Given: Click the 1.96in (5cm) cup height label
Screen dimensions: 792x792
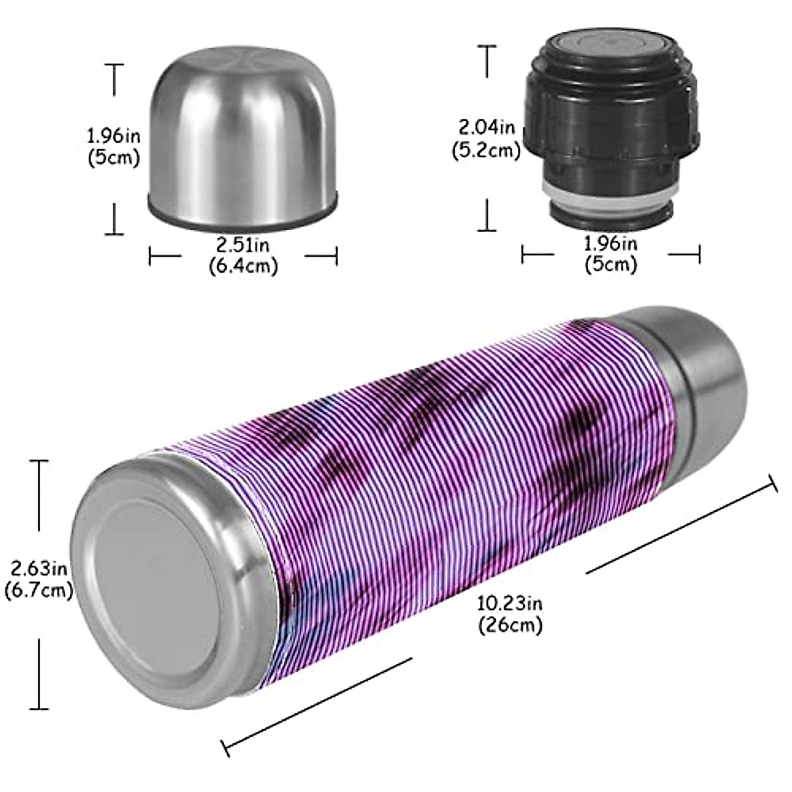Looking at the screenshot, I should point(114,147).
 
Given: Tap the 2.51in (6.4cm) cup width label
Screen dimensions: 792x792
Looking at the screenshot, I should point(243,255).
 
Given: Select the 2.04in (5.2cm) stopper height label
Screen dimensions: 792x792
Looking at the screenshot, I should point(486,138).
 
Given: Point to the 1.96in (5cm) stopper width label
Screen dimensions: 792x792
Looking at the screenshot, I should point(610,254).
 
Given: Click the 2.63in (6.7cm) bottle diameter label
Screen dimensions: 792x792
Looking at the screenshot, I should point(38,579).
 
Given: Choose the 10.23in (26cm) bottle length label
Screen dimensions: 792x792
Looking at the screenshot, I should point(510,613).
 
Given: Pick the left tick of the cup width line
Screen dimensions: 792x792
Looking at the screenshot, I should point(150,255).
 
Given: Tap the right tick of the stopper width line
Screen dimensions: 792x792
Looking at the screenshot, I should point(699,254).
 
